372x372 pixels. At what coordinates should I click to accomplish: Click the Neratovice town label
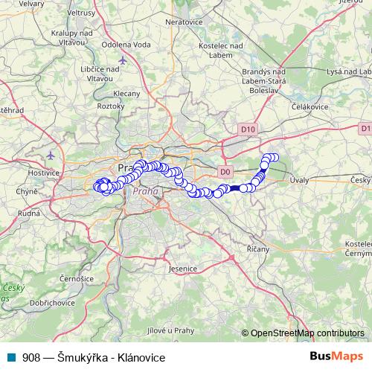[x=185, y=23]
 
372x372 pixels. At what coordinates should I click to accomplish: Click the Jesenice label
[x=182, y=268]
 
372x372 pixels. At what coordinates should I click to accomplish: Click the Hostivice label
[x=43, y=172]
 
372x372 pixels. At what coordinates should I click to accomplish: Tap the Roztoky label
[x=112, y=106]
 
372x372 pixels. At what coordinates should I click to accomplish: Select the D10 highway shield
[x=248, y=129]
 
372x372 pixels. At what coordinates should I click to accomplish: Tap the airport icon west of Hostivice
[x=50, y=156]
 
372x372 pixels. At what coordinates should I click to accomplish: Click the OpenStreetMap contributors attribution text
[x=306, y=333]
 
